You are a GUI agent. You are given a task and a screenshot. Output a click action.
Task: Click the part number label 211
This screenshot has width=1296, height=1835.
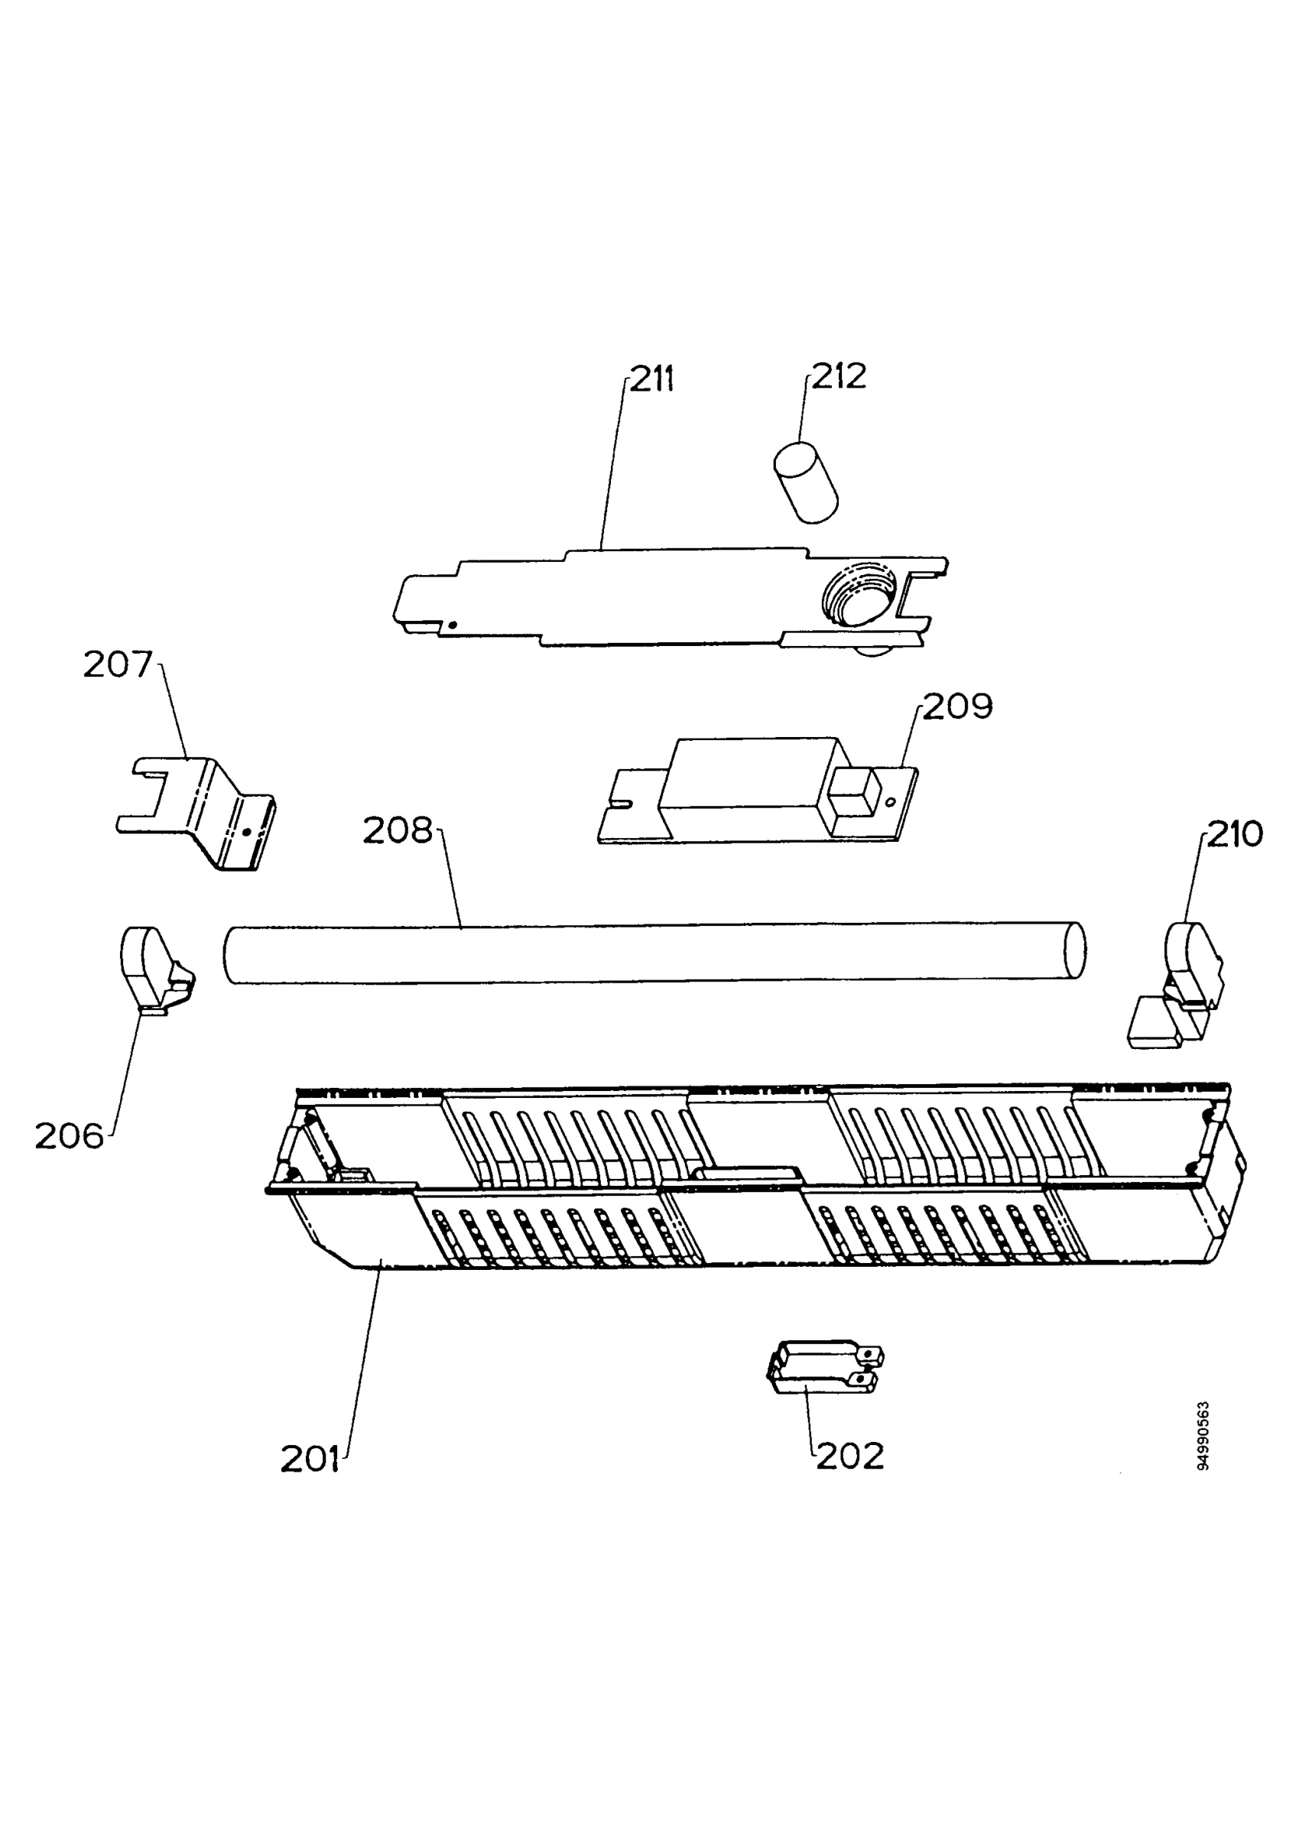[x=652, y=378]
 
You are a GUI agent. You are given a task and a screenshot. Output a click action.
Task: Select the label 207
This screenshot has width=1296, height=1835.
[x=118, y=664]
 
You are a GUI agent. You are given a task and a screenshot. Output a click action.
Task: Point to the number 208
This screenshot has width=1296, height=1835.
[x=397, y=830]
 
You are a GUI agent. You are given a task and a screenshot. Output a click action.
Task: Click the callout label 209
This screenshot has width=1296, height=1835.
[x=957, y=706]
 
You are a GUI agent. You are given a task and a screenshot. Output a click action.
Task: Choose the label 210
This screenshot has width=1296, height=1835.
[x=1235, y=833]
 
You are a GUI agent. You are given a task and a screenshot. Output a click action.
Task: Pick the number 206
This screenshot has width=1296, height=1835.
[x=70, y=1135]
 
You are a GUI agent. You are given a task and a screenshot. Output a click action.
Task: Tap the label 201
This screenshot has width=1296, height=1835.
[x=310, y=1460]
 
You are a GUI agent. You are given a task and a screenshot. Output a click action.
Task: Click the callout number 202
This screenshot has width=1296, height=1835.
[x=850, y=1457]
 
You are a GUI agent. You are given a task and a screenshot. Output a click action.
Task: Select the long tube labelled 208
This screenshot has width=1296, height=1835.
[x=654, y=953]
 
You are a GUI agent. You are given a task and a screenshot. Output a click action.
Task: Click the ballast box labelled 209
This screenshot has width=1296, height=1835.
[x=758, y=790]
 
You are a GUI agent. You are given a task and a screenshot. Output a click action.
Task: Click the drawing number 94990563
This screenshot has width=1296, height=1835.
[x=1203, y=1436]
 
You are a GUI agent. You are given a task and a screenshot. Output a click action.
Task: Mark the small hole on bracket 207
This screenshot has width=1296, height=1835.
[x=246, y=832]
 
